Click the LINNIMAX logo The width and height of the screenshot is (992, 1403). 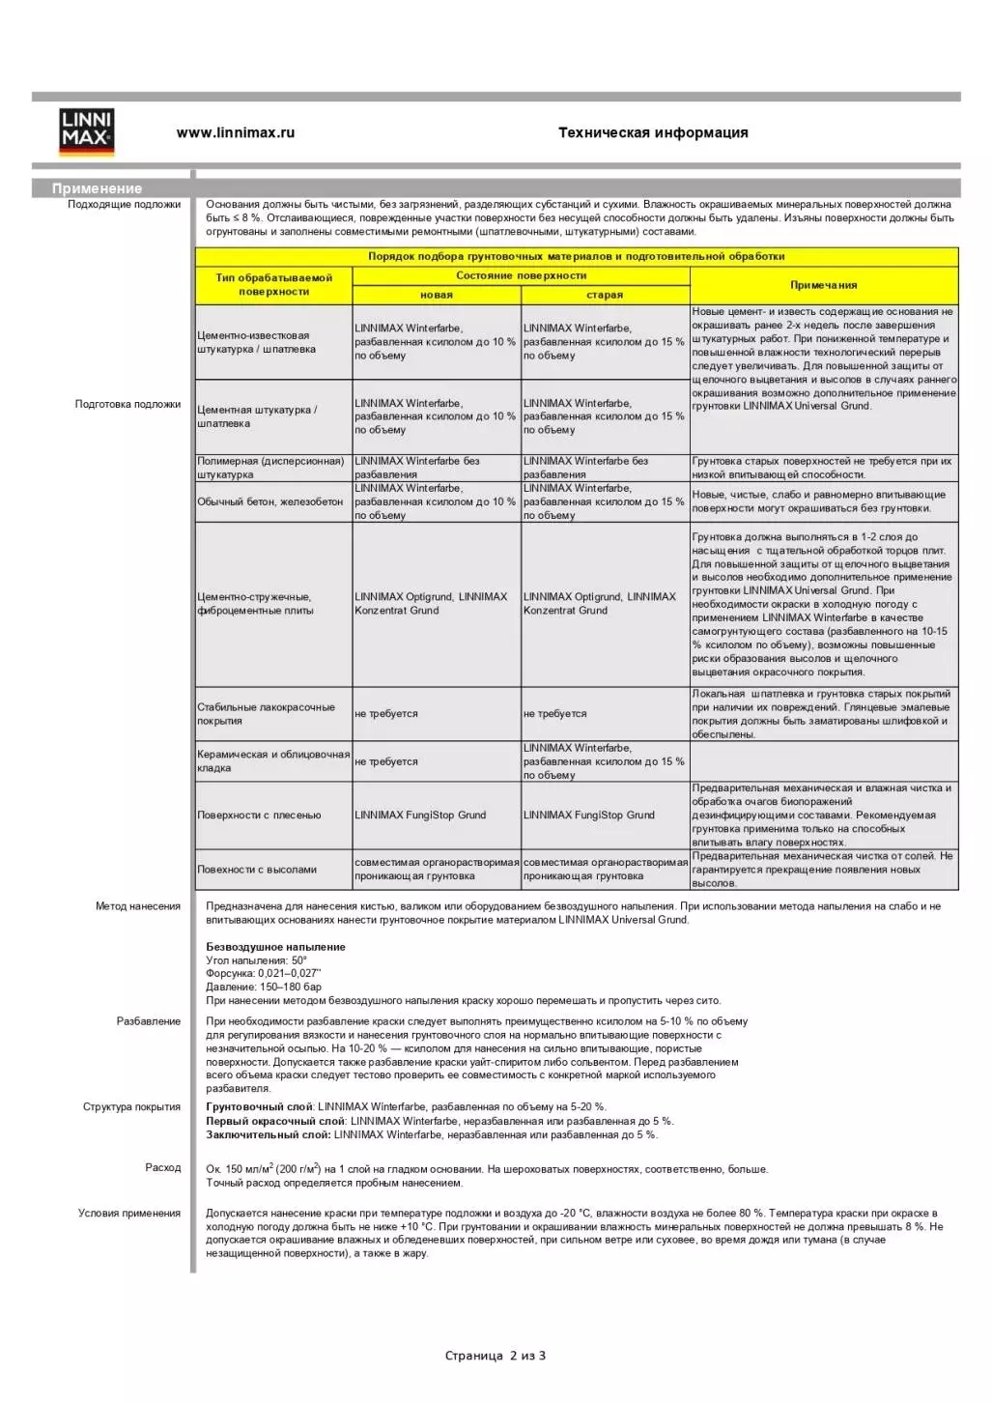pos(87,131)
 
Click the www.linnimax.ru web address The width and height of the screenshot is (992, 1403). pos(235,133)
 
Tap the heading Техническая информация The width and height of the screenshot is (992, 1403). pos(653,133)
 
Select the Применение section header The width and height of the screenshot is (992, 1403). pos(97,188)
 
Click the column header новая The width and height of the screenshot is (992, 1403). pos(437,295)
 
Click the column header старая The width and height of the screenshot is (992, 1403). pos(605,295)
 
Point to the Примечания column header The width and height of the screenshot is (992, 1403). pos(824,285)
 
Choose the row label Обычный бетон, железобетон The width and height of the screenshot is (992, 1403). pos(270,501)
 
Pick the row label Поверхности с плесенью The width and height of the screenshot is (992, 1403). pos(259,816)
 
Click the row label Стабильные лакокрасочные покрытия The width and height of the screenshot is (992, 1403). pos(266,714)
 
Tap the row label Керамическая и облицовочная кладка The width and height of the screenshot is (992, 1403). pos(273,761)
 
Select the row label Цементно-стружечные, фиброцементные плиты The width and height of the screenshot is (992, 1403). pos(255,604)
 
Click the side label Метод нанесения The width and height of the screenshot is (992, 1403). pos(138,906)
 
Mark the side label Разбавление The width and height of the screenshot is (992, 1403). pos(149,1021)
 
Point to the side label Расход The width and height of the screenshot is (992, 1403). pos(163,1168)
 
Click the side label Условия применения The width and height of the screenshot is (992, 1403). pos(129,1214)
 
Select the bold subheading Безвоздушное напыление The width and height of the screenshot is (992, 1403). pos(275,947)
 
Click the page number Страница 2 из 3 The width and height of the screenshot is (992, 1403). pos(496,1356)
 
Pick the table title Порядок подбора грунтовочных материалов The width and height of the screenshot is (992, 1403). pos(576,257)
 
